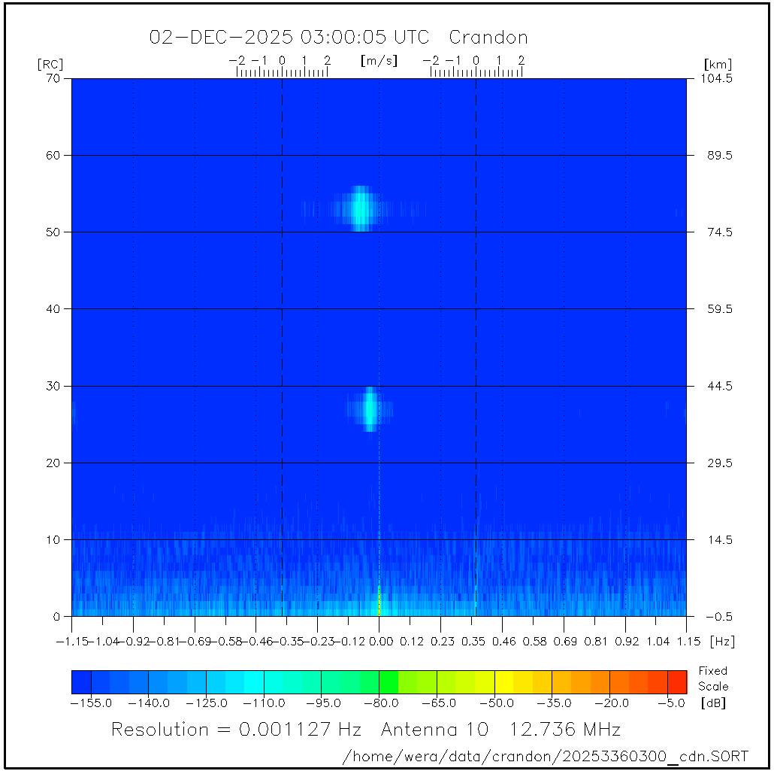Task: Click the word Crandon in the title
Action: click(x=488, y=38)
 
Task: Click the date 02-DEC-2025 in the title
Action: click(x=222, y=38)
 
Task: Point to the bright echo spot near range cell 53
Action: click(x=362, y=208)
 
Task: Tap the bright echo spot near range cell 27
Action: click(x=370, y=408)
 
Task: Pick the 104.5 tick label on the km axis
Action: click(x=718, y=78)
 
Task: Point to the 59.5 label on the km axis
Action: click(x=718, y=309)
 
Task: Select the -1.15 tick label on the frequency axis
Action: click(x=72, y=642)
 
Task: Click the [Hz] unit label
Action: click(x=722, y=642)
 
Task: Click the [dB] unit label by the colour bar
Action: click(x=713, y=703)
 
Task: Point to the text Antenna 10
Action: click(x=434, y=730)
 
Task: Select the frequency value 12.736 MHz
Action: click(x=565, y=730)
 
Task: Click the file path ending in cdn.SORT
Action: click(x=545, y=755)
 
